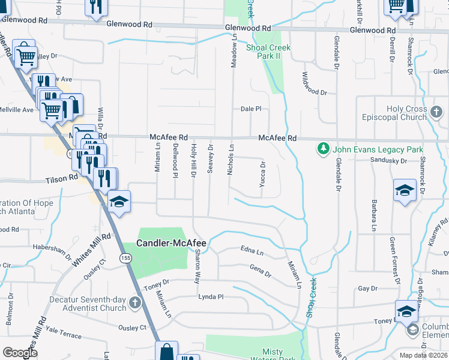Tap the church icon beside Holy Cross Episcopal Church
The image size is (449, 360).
pos(436,112)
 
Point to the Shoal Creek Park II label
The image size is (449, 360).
pos(268,52)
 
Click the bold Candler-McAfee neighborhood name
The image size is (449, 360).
pos(171,243)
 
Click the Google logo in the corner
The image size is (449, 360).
pos(20,352)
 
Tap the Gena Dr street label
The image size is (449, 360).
pos(260,271)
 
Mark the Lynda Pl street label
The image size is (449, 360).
pos(211,297)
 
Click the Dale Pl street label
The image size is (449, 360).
pos(251,109)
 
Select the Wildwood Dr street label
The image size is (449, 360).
pos(314,92)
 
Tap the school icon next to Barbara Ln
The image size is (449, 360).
pos(405,191)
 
